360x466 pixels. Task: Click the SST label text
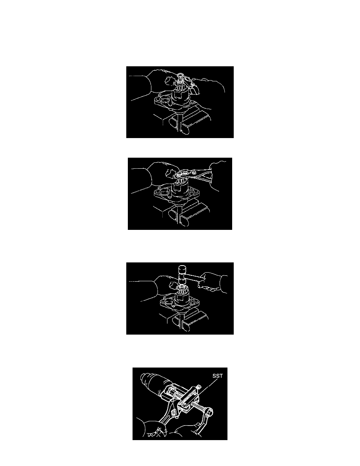click(x=217, y=376)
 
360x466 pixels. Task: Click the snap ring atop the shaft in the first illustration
click(x=181, y=75)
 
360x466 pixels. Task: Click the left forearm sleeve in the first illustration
click(x=140, y=88)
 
